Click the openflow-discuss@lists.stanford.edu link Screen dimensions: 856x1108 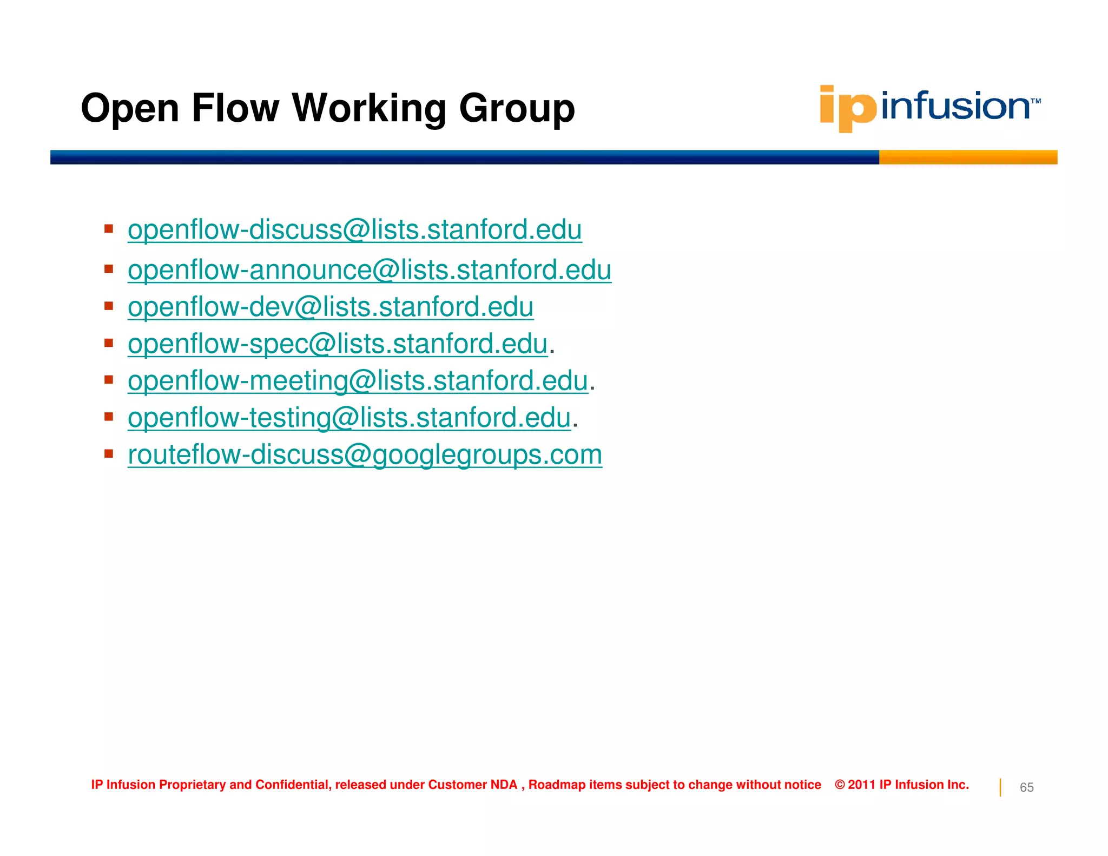(354, 230)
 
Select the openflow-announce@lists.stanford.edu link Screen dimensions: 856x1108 (369, 270)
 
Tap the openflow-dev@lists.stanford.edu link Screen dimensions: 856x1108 (330, 307)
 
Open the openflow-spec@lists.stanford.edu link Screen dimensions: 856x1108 (338, 344)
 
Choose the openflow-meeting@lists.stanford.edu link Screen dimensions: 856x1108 (357, 381)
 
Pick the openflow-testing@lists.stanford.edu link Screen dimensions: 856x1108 (349, 418)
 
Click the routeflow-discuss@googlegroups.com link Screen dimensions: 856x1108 (365, 455)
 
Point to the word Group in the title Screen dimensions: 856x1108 (517, 108)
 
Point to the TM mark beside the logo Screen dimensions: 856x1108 (1036, 101)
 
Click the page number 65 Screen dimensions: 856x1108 (1026, 787)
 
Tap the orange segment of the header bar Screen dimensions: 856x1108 (967, 157)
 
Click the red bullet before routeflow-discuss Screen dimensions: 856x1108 (109, 453)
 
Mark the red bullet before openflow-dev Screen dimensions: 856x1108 (109, 306)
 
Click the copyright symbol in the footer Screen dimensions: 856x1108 (840, 785)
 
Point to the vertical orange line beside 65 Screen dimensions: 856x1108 (1000, 787)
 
